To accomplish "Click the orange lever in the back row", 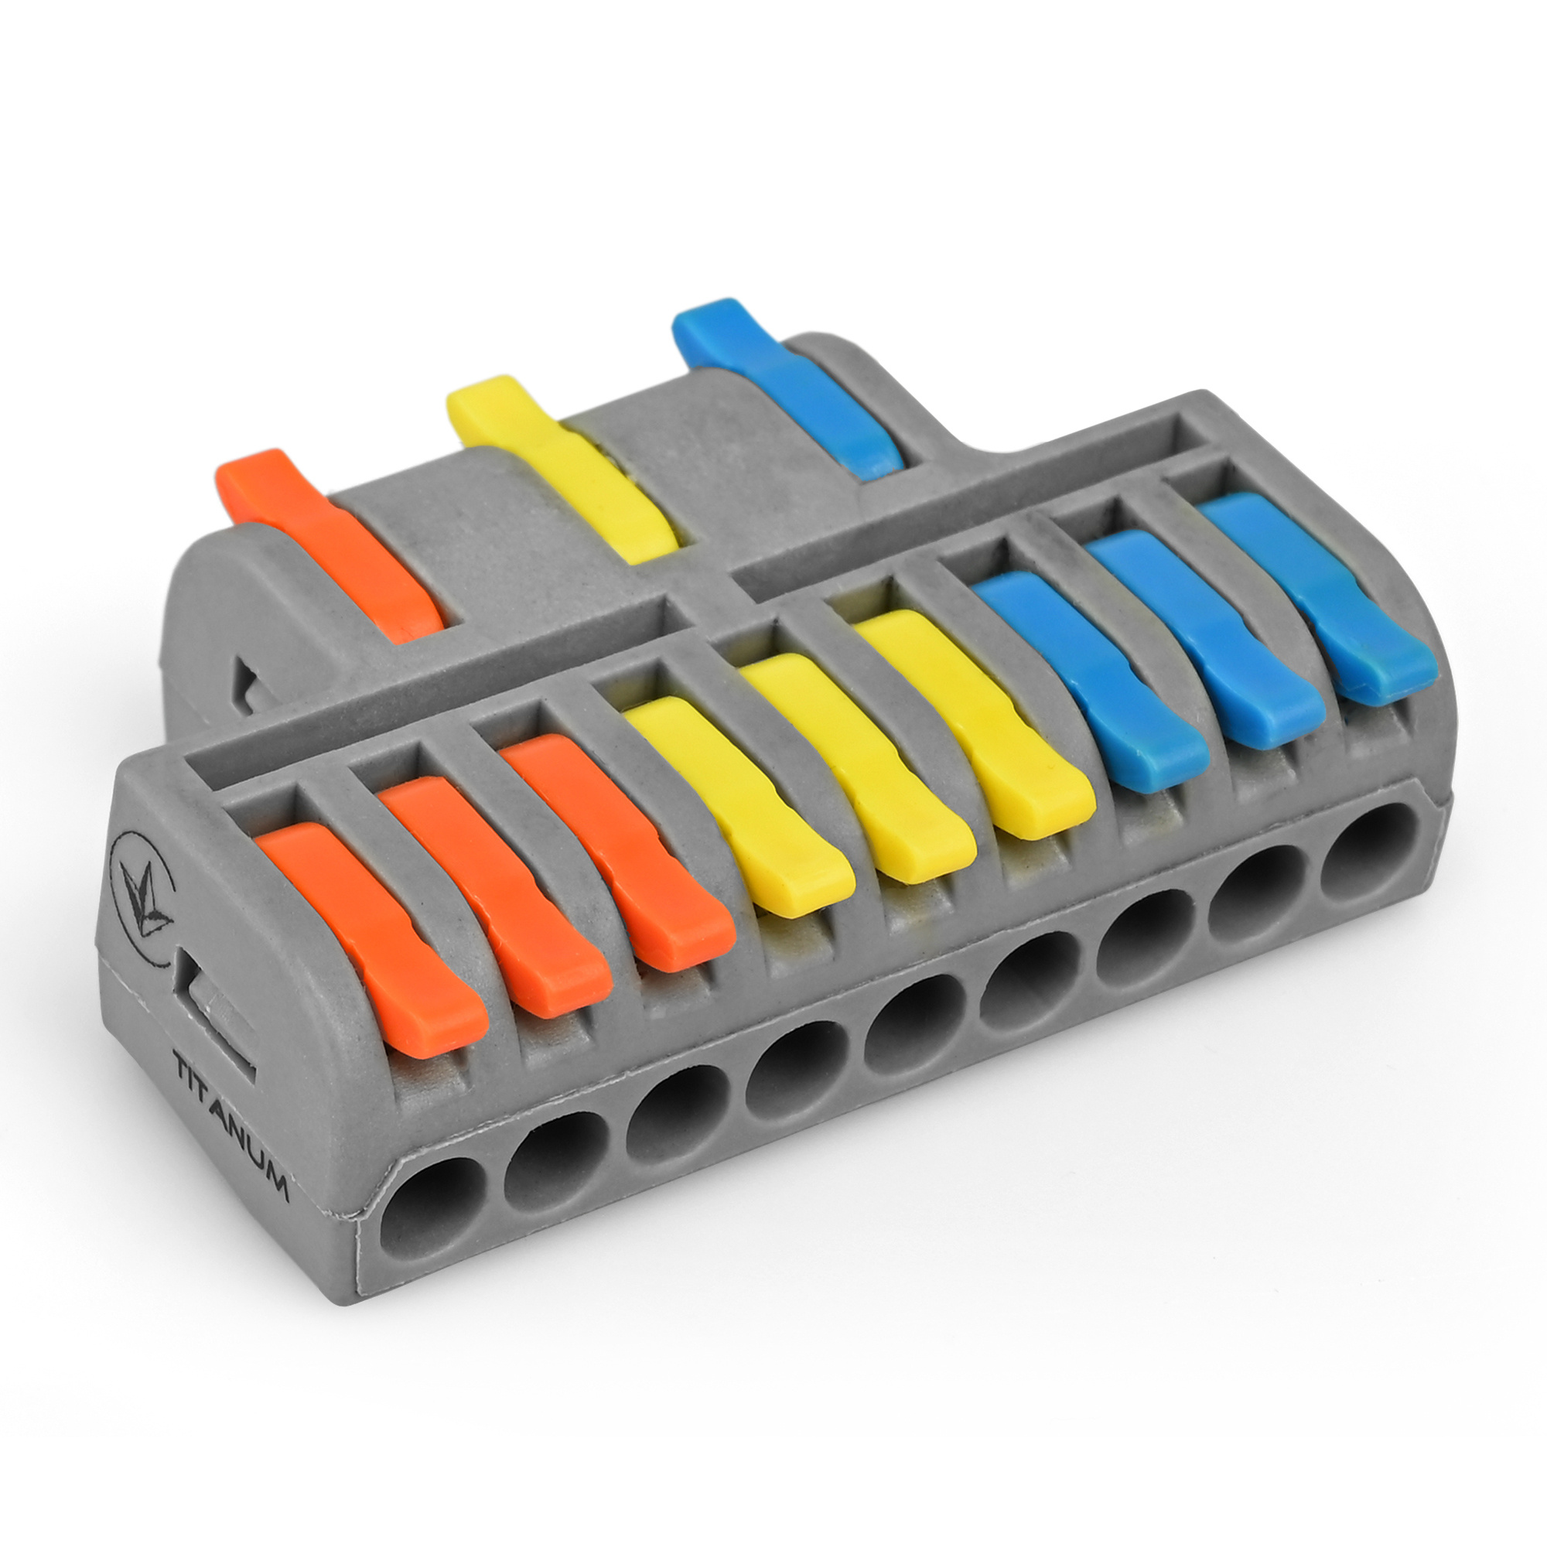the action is point(328,545).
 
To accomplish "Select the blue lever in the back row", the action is point(788,388).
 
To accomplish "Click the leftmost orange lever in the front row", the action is point(372,937).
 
